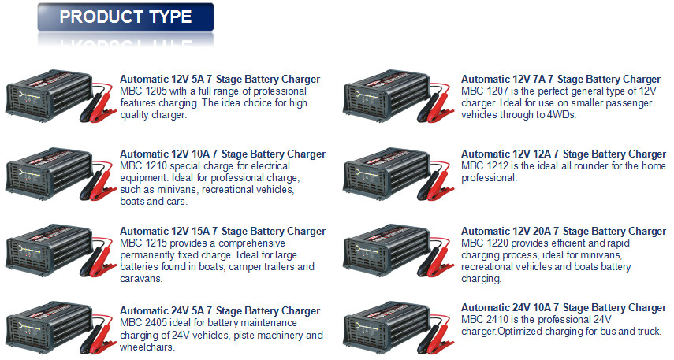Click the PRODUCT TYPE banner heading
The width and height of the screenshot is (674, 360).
[125, 17]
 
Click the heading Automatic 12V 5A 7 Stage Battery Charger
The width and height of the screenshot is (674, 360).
[220, 79]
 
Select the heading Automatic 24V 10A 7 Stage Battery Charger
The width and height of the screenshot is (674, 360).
[564, 307]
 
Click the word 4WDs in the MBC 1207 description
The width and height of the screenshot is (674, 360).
[561, 115]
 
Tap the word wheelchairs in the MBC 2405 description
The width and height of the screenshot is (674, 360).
[147, 347]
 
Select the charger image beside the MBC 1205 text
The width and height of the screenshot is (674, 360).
[61, 98]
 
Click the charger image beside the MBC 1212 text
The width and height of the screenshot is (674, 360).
[398, 173]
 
